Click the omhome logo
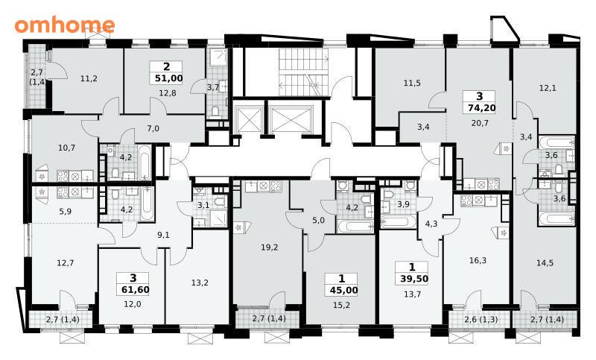(65, 25)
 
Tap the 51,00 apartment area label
(169, 79)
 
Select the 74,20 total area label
(481, 108)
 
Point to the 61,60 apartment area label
(136, 290)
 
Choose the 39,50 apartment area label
(414, 279)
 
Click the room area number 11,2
(89, 79)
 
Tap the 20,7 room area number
(480, 123)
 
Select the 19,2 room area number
(270, 247)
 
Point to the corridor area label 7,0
(153, 128)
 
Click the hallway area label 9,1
(163, 235)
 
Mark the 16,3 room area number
(478, 260)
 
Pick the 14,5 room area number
(545, 262)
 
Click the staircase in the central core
(303, 72)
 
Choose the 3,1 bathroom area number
(203, 205)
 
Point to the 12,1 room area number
(548, 88)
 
